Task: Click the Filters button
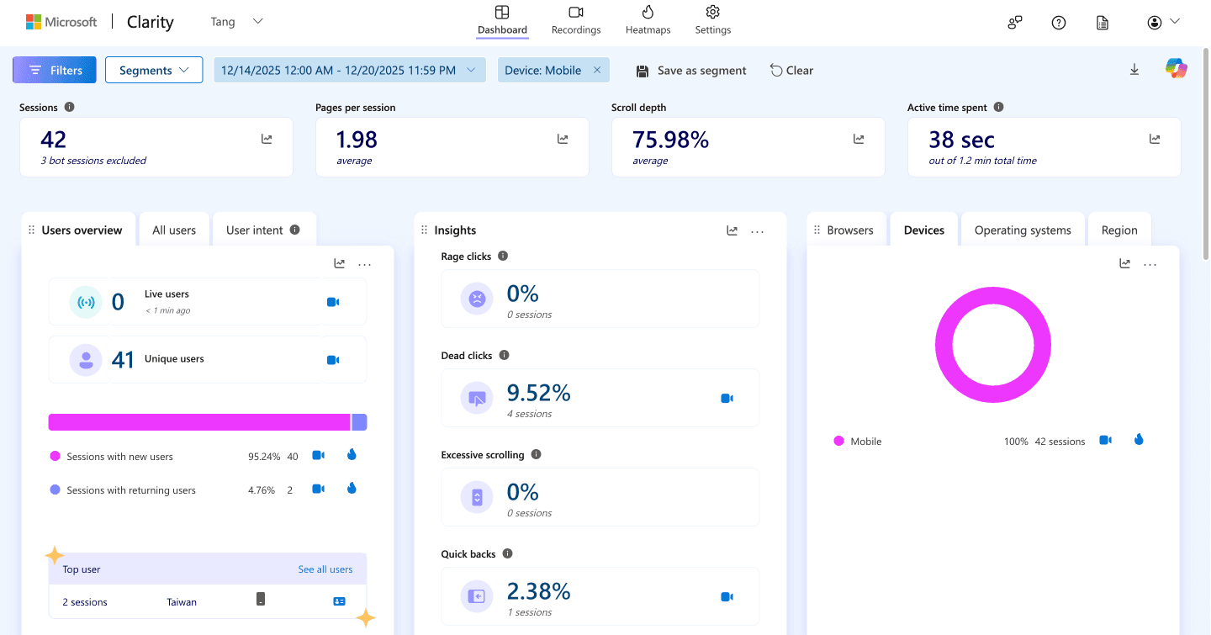click(x=55, y=70)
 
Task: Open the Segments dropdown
click(x=154, y=70)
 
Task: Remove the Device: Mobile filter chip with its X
click(x=597, y=70)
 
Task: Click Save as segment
click(x=691, y=71)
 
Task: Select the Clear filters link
click(x=791, y=71)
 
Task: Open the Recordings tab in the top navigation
click(x=576, y=20)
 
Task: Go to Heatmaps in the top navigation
click(x=648, y=20)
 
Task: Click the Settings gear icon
click(x=712, y=13)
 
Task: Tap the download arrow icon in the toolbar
click(x=1134, y=70)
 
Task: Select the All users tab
click(x=174, y=230)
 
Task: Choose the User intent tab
click(x=262, y=230)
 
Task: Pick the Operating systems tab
click(x=1023, y=230)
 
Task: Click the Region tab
click(x=1119, y=230)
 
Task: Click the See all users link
click(x=325, y=569)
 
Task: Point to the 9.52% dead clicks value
click(x=538, y=393)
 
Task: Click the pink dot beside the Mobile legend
click(x=838, y=441)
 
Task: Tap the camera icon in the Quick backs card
click(x=727, y=597)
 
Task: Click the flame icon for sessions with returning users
click(x=352, y=489)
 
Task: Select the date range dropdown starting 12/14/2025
click(x=349, y=70)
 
